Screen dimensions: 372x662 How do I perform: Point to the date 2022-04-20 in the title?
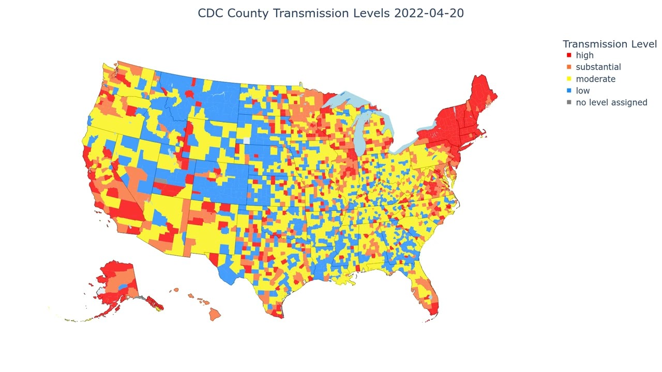pyautogui.click(x=429, y=13)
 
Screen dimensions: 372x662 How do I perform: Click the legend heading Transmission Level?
pyautogui.click(x=609, y=44)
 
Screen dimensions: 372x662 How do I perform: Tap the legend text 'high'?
pyautogui.click(x=584, y=55)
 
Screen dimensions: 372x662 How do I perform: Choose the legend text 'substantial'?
pyautogui.click(x=598, y=67)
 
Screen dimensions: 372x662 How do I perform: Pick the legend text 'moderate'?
pyautogui.click(x=595, y=79)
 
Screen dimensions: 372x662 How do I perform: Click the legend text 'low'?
pyautogui.click(x=582, y=91)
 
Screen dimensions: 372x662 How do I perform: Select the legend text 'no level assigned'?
pyautogui.click(x=611, y=102)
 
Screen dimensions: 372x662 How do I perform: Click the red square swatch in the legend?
pyautogui.click(x=569, y=55)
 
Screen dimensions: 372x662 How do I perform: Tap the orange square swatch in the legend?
pyautogui.click(x=569, y=67)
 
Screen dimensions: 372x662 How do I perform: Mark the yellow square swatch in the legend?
pyautogui.click(x=569, y=79)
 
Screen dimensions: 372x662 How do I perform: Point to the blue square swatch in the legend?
pyautogui.click(x=569, y=91)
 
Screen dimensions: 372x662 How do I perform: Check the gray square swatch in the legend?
pyautogui.click(x=569, y=102)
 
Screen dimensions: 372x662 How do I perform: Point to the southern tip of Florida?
pyautogui.click(x=434, y=313)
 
